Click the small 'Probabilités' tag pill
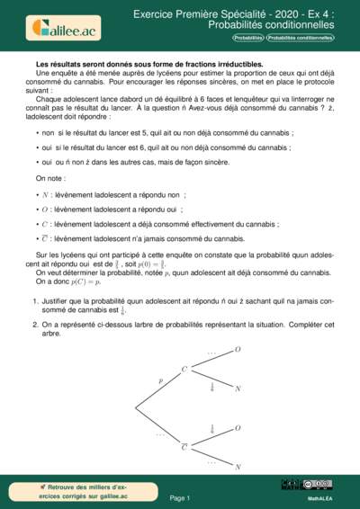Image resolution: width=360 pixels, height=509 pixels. [248, 39]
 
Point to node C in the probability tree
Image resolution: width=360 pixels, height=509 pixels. [184, 369]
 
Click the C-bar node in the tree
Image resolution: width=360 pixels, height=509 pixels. [184, 445]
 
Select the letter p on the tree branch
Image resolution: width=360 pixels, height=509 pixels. [161, 380]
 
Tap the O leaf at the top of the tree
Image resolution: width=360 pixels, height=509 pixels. [238, 349]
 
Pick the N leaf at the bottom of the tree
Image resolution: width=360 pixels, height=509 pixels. [238, 467]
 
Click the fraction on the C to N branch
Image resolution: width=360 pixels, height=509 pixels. [212, 387]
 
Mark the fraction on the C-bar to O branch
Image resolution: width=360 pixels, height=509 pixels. [212, 429]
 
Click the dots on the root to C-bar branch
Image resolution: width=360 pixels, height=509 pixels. [160, 434]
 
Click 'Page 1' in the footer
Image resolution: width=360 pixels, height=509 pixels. [179, 497]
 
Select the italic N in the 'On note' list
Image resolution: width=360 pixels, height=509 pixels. [45, 194]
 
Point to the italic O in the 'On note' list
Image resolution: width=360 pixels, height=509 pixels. [45, 210]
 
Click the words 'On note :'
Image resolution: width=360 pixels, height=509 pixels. [50, 179]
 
